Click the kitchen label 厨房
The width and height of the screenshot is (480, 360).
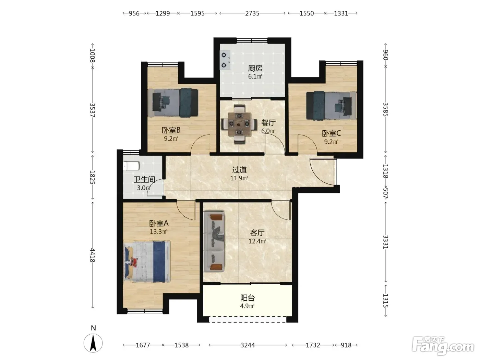[255, 69]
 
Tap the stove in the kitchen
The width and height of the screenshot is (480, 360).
[225, 60]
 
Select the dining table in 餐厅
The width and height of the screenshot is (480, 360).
[239, 124]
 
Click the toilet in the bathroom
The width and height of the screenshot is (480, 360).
[131, 166]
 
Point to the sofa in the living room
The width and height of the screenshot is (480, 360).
[214, 241]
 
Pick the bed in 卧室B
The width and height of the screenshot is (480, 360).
[173, 102]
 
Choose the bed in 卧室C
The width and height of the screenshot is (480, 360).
[331, 106]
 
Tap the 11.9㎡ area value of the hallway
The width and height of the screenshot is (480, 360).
[239, 178]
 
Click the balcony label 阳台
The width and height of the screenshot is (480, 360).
[248, 298]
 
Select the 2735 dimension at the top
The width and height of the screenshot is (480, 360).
[252, 13]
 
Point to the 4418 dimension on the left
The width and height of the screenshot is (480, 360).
[93, 255]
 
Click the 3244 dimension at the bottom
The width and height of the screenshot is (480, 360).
[248, 345]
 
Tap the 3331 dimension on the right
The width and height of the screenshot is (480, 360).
[385, 242]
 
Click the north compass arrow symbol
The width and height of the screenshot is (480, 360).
[93, 343]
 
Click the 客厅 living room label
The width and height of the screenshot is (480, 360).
[257, 233]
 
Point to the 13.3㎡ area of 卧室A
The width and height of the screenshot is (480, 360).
[159, 231]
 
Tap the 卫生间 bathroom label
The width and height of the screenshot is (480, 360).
[144, 180]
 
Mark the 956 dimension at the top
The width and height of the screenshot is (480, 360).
[134, 13]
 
